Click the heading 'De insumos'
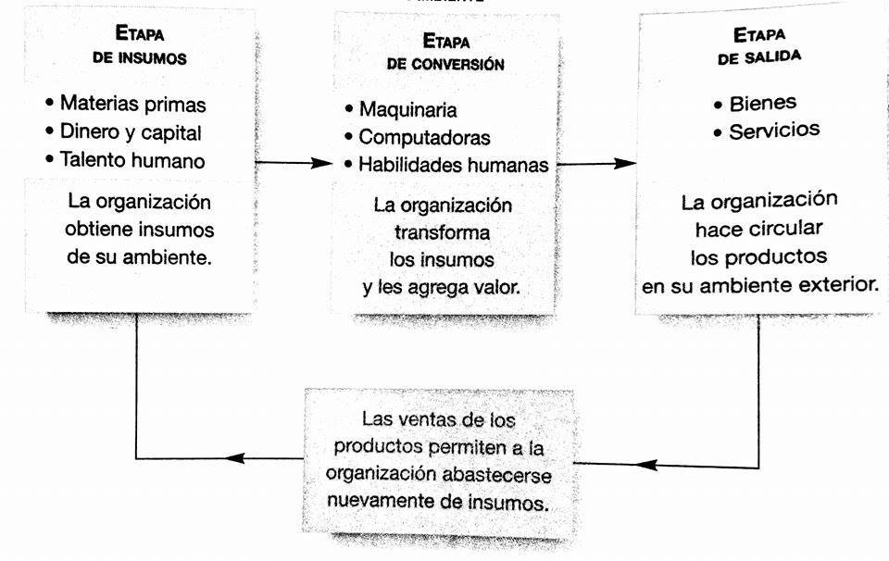[140, 58]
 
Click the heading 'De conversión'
[445, 64]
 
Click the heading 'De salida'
[759, 57]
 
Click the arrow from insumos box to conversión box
[294, 163]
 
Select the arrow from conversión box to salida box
[596, 164]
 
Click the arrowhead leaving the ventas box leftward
[235, 458]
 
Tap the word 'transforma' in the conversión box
[443, 232]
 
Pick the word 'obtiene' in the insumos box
[99, 230]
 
